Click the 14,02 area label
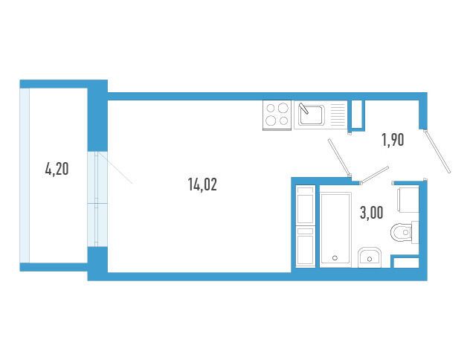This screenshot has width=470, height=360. coord(202,184)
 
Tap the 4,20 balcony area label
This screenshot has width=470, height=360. coord(57,169)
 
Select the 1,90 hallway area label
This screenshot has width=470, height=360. coord(393,140)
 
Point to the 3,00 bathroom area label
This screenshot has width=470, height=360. coord(371,213)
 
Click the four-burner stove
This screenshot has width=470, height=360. coord(277,115)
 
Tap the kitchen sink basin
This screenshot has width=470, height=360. coord(312,115)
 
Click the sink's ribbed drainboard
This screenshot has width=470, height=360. coord(338,115)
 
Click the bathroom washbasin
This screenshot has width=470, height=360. coord(370,257)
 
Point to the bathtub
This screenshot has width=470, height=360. coord(335,229)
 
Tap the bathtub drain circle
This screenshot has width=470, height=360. coord(335,258)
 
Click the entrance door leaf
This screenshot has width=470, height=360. coord(437,152)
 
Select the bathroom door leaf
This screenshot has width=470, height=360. coord(375,175)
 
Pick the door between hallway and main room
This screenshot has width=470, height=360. coord(339,158)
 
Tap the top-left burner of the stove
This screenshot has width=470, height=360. coord(271,108)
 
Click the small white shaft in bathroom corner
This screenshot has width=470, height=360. coord(406,263)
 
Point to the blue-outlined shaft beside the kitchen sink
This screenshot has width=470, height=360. coord(358,115)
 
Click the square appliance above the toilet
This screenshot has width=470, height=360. coord(408,199)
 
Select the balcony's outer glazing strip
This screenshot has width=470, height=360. coord(25,176)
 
